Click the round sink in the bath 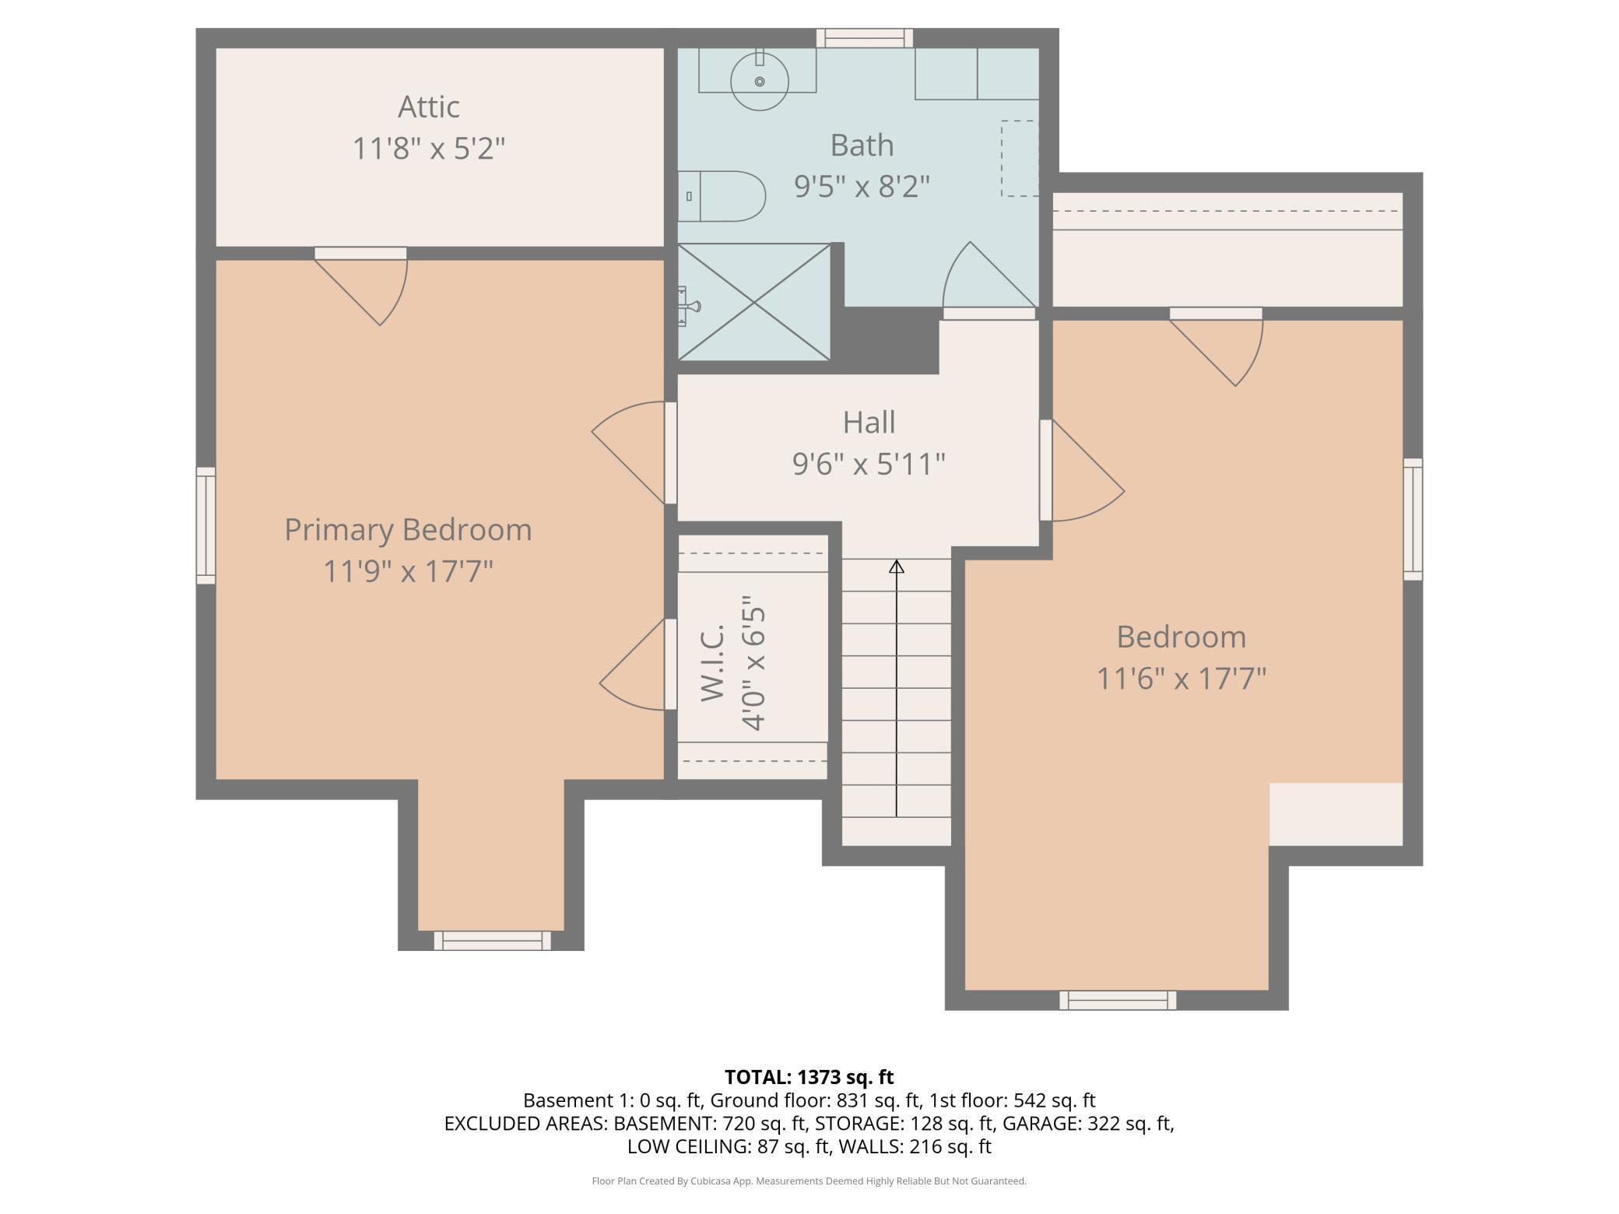(759, 80)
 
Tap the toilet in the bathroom (722, 196)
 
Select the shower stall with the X (754, 302)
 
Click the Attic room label (429, 107)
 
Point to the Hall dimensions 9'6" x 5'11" (869, 464)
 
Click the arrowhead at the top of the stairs (897, 567)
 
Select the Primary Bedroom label (408, 529)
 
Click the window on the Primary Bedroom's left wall (205, 525)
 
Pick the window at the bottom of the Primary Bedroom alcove (492, 940)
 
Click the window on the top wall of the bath (865, 38)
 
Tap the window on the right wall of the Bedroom (1413, 519)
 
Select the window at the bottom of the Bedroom (1118, 1000)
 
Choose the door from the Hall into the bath (989, 280)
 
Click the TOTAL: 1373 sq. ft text (809, 1077)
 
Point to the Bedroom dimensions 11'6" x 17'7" (1182, 679)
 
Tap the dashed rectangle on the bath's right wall (1020, 158)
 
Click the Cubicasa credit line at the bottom (809, 1181)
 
